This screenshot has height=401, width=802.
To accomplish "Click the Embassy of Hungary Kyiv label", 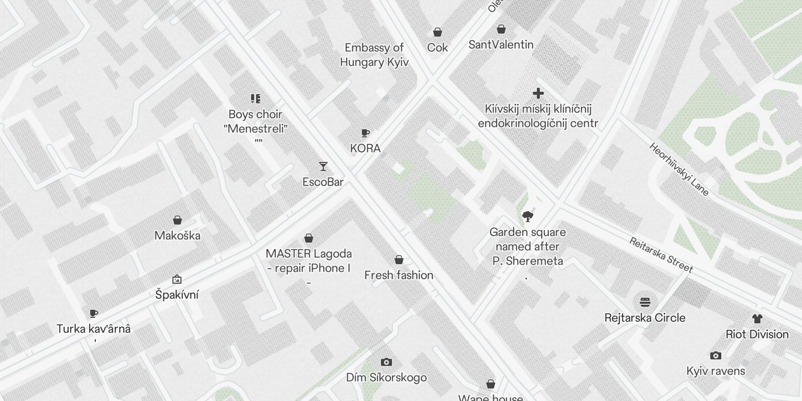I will (x=374, y=55).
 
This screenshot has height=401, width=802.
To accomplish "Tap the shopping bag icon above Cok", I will (x=438, y=32).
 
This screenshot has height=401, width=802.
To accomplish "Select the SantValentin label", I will (x=501, y=45).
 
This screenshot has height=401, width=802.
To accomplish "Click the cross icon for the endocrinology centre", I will (x=538, y=93).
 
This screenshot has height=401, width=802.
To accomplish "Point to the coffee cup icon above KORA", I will (x=365, y=133).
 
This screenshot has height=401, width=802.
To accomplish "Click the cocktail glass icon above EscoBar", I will (x=323, y=166).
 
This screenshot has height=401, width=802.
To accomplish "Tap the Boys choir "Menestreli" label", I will (x=256, y=122).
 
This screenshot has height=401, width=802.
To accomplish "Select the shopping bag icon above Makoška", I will (x=177, y=220).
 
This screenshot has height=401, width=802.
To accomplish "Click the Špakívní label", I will (x=177, y=295).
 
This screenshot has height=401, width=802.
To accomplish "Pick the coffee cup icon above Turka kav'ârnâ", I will (x=93, y=314).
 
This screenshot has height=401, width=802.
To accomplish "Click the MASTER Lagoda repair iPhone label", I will (x=309, y=261).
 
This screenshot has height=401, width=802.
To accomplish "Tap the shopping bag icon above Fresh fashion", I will (x=399, y=260).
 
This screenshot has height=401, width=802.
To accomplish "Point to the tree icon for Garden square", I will (x=527, y=217).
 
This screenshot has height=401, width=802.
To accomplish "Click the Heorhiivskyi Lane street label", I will (x=679, y=169).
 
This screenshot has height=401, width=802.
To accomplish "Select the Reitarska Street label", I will (x=661, y=255).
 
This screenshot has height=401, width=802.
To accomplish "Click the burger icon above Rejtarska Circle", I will (x=645, y=302).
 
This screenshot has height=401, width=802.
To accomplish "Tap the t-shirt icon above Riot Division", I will (x=757, y=319).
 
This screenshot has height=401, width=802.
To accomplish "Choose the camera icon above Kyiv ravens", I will (x=716, y=356).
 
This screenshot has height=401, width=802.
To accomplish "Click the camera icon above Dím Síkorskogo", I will (x=386, y=362).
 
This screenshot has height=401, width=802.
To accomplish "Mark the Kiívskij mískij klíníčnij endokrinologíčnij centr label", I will (x=538, y=116).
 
